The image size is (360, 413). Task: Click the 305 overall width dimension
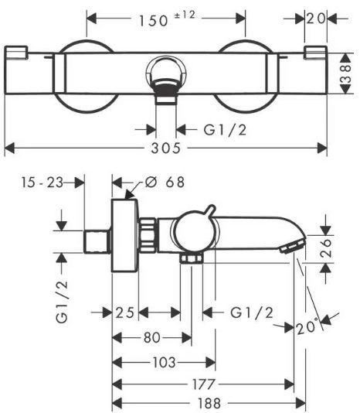pyautogui.click(x=166, y=148)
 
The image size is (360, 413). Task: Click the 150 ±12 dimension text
pyautogui.click(x=167, y=19)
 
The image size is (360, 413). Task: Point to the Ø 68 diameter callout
pyautogui.click(x=165, y=183)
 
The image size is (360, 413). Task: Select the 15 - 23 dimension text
pyautogui.click(x=42, y=183)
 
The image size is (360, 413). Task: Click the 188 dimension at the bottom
pyautogui.click(x=209, y=403)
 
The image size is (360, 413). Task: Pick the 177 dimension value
pyautogui.click(x=204, y=384)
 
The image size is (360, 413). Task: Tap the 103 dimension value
pyautogui.click(x=165, y=363)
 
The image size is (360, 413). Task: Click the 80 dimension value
pyautogui.click(x=152, y=337)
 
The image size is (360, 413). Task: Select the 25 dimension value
pyautogui.click(x=125, y=313)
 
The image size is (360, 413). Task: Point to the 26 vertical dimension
pyautogui.click(x=326, y=247)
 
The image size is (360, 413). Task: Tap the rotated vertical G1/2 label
pyautogui.click(x=62, y=302)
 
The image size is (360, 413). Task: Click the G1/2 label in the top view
pyautogui.click(x=226, y=130)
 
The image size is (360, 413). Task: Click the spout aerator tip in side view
pyautogui.click(x=292, y=246)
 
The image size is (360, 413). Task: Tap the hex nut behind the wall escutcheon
pyautogui.click(x=148, y=235)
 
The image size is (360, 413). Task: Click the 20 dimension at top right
pyautogui.click(x=316, y=19)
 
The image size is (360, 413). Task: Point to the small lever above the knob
pyautogui.click(x=212, y=211)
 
